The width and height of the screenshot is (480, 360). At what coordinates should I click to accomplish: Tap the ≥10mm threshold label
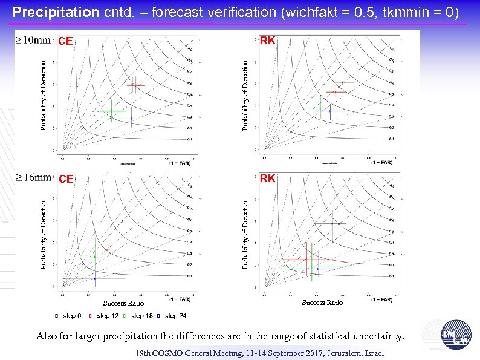point(33,41)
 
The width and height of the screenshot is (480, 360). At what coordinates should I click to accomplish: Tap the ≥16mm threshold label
point(33,177)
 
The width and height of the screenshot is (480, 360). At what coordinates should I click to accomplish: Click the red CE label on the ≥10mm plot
point(65,42)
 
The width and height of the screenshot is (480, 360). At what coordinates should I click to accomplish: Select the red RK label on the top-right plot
point(267,41)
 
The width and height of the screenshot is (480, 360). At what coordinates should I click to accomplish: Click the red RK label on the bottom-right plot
point(267,178)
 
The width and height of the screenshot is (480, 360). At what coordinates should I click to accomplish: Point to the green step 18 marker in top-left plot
point(111,111)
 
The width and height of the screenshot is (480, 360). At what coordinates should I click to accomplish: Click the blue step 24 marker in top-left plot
point(131,118)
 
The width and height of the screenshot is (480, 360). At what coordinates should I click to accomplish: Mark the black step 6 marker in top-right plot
point(343,82)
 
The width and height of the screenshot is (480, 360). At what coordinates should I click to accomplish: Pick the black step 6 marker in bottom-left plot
point(123,221)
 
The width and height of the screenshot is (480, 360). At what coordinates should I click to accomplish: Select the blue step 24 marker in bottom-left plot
point(95,278)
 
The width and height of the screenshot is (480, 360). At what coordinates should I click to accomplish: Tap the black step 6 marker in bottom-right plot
point(331,224)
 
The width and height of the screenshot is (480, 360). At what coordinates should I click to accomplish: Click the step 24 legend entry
point(175,316)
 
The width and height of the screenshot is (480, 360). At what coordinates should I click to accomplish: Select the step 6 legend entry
point(72,316)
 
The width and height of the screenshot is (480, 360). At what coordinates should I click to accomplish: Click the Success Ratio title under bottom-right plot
point(322,303)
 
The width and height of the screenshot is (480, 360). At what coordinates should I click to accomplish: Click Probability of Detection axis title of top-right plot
point(245,94)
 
